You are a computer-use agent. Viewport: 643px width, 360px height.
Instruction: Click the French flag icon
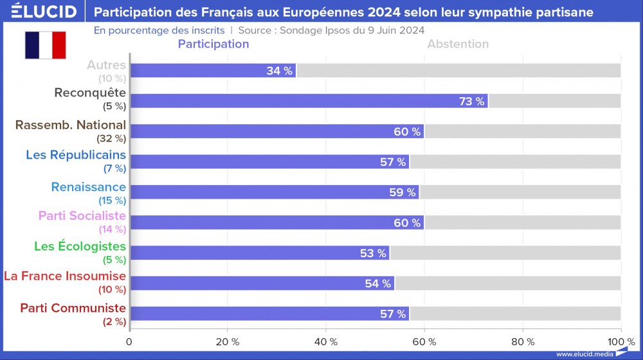click(46, 45)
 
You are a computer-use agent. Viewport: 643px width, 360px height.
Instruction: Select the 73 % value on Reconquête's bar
click(471, 101)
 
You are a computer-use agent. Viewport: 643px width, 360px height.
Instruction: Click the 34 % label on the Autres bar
click(279, 71)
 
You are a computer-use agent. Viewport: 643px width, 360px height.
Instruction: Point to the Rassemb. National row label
click(70, 125)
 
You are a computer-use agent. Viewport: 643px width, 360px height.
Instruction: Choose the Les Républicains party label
click(76, 155)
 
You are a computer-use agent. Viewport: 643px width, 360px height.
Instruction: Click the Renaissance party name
click(88, 187)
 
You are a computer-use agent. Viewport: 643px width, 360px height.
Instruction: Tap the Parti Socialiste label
click(82, 215)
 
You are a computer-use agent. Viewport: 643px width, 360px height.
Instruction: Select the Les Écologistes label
click(80, 247)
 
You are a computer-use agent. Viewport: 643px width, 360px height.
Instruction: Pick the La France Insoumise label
click(65, 276)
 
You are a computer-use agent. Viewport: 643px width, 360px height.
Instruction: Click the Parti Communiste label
click(73, 308)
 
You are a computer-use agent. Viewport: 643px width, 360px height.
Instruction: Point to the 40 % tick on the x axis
click(326, 341)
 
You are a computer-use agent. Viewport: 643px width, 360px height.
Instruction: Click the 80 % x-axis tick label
click(522, 341)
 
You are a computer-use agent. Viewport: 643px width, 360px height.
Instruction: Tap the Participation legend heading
click(213, 44)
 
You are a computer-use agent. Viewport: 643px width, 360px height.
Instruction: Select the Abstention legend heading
click(458, 44)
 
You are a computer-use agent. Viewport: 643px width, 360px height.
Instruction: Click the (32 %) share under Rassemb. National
click(111, 138)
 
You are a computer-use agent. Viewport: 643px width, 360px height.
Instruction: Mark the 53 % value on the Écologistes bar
click(373, 253)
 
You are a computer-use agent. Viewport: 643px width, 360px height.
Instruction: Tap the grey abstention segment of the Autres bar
click(458, 71)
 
